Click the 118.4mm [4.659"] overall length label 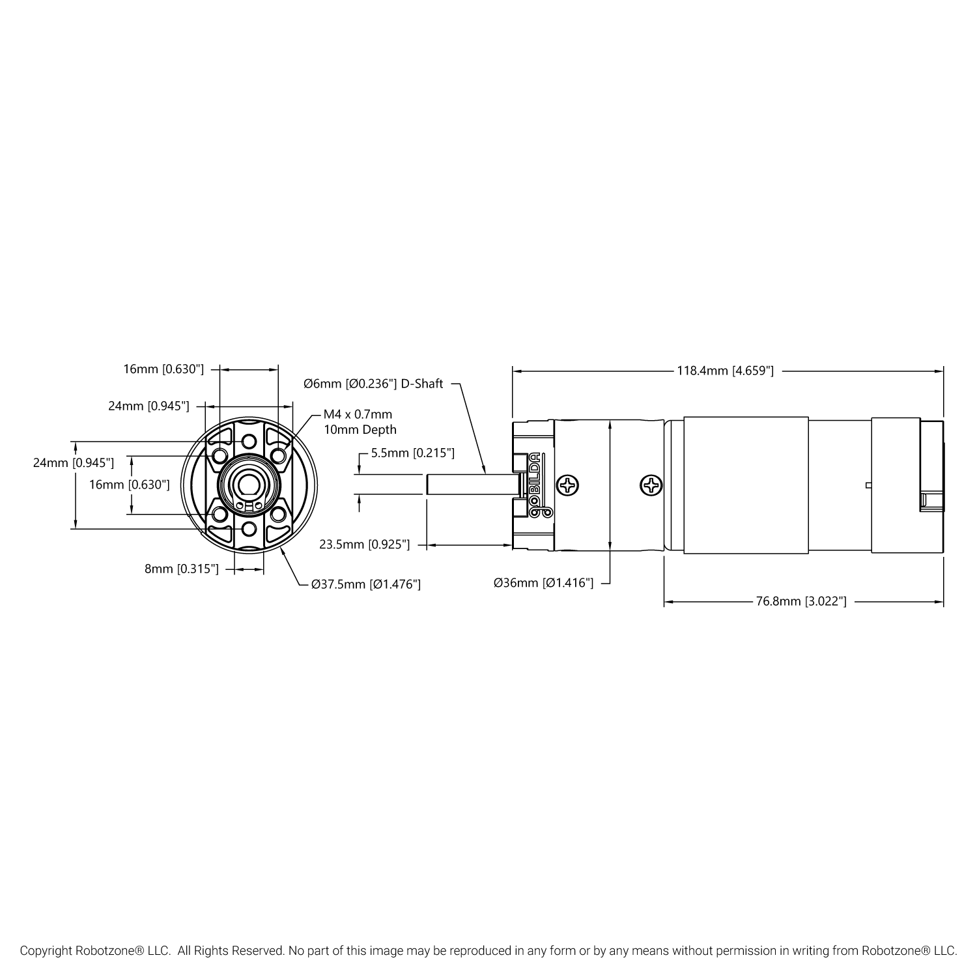726,371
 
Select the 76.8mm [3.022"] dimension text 801,601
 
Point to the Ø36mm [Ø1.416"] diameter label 544,583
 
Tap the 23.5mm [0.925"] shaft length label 365,545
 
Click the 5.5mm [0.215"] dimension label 413,453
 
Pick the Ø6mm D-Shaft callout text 374,384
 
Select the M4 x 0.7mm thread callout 358,414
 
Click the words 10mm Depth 360,430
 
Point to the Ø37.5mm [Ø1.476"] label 366,584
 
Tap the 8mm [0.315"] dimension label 182,569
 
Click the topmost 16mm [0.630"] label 164,369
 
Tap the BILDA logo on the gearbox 535,485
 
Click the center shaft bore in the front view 248,485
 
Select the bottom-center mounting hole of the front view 248,528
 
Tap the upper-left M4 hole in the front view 219,453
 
